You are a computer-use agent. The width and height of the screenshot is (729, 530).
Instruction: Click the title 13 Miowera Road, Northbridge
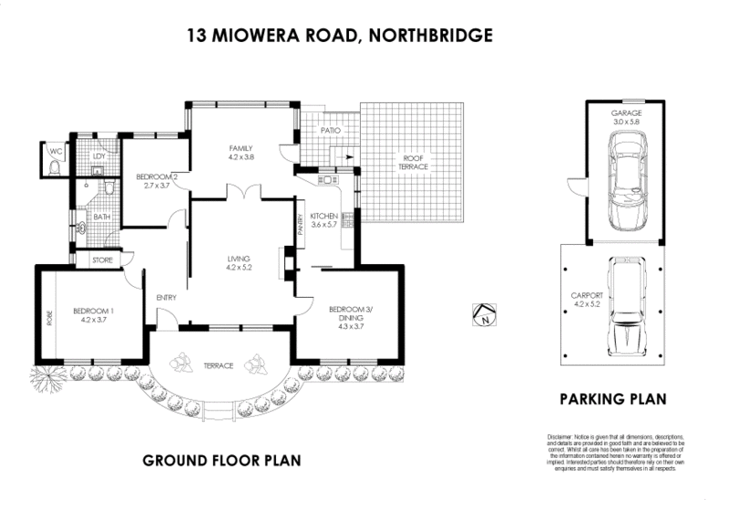tap(340, 36)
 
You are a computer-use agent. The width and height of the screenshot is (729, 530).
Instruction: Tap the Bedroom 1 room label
tap(98, 315)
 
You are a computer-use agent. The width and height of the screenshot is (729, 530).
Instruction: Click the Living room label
tap(239, 264)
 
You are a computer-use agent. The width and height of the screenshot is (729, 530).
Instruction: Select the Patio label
tap(329, 131)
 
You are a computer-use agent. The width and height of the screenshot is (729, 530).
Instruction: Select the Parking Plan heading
tap(612, 399)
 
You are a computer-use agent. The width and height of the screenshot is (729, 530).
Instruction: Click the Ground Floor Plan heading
tap(221, 461)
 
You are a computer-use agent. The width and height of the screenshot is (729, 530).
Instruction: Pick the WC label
tap(56, 151)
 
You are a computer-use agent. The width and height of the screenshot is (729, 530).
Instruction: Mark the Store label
tap(101, 260)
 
